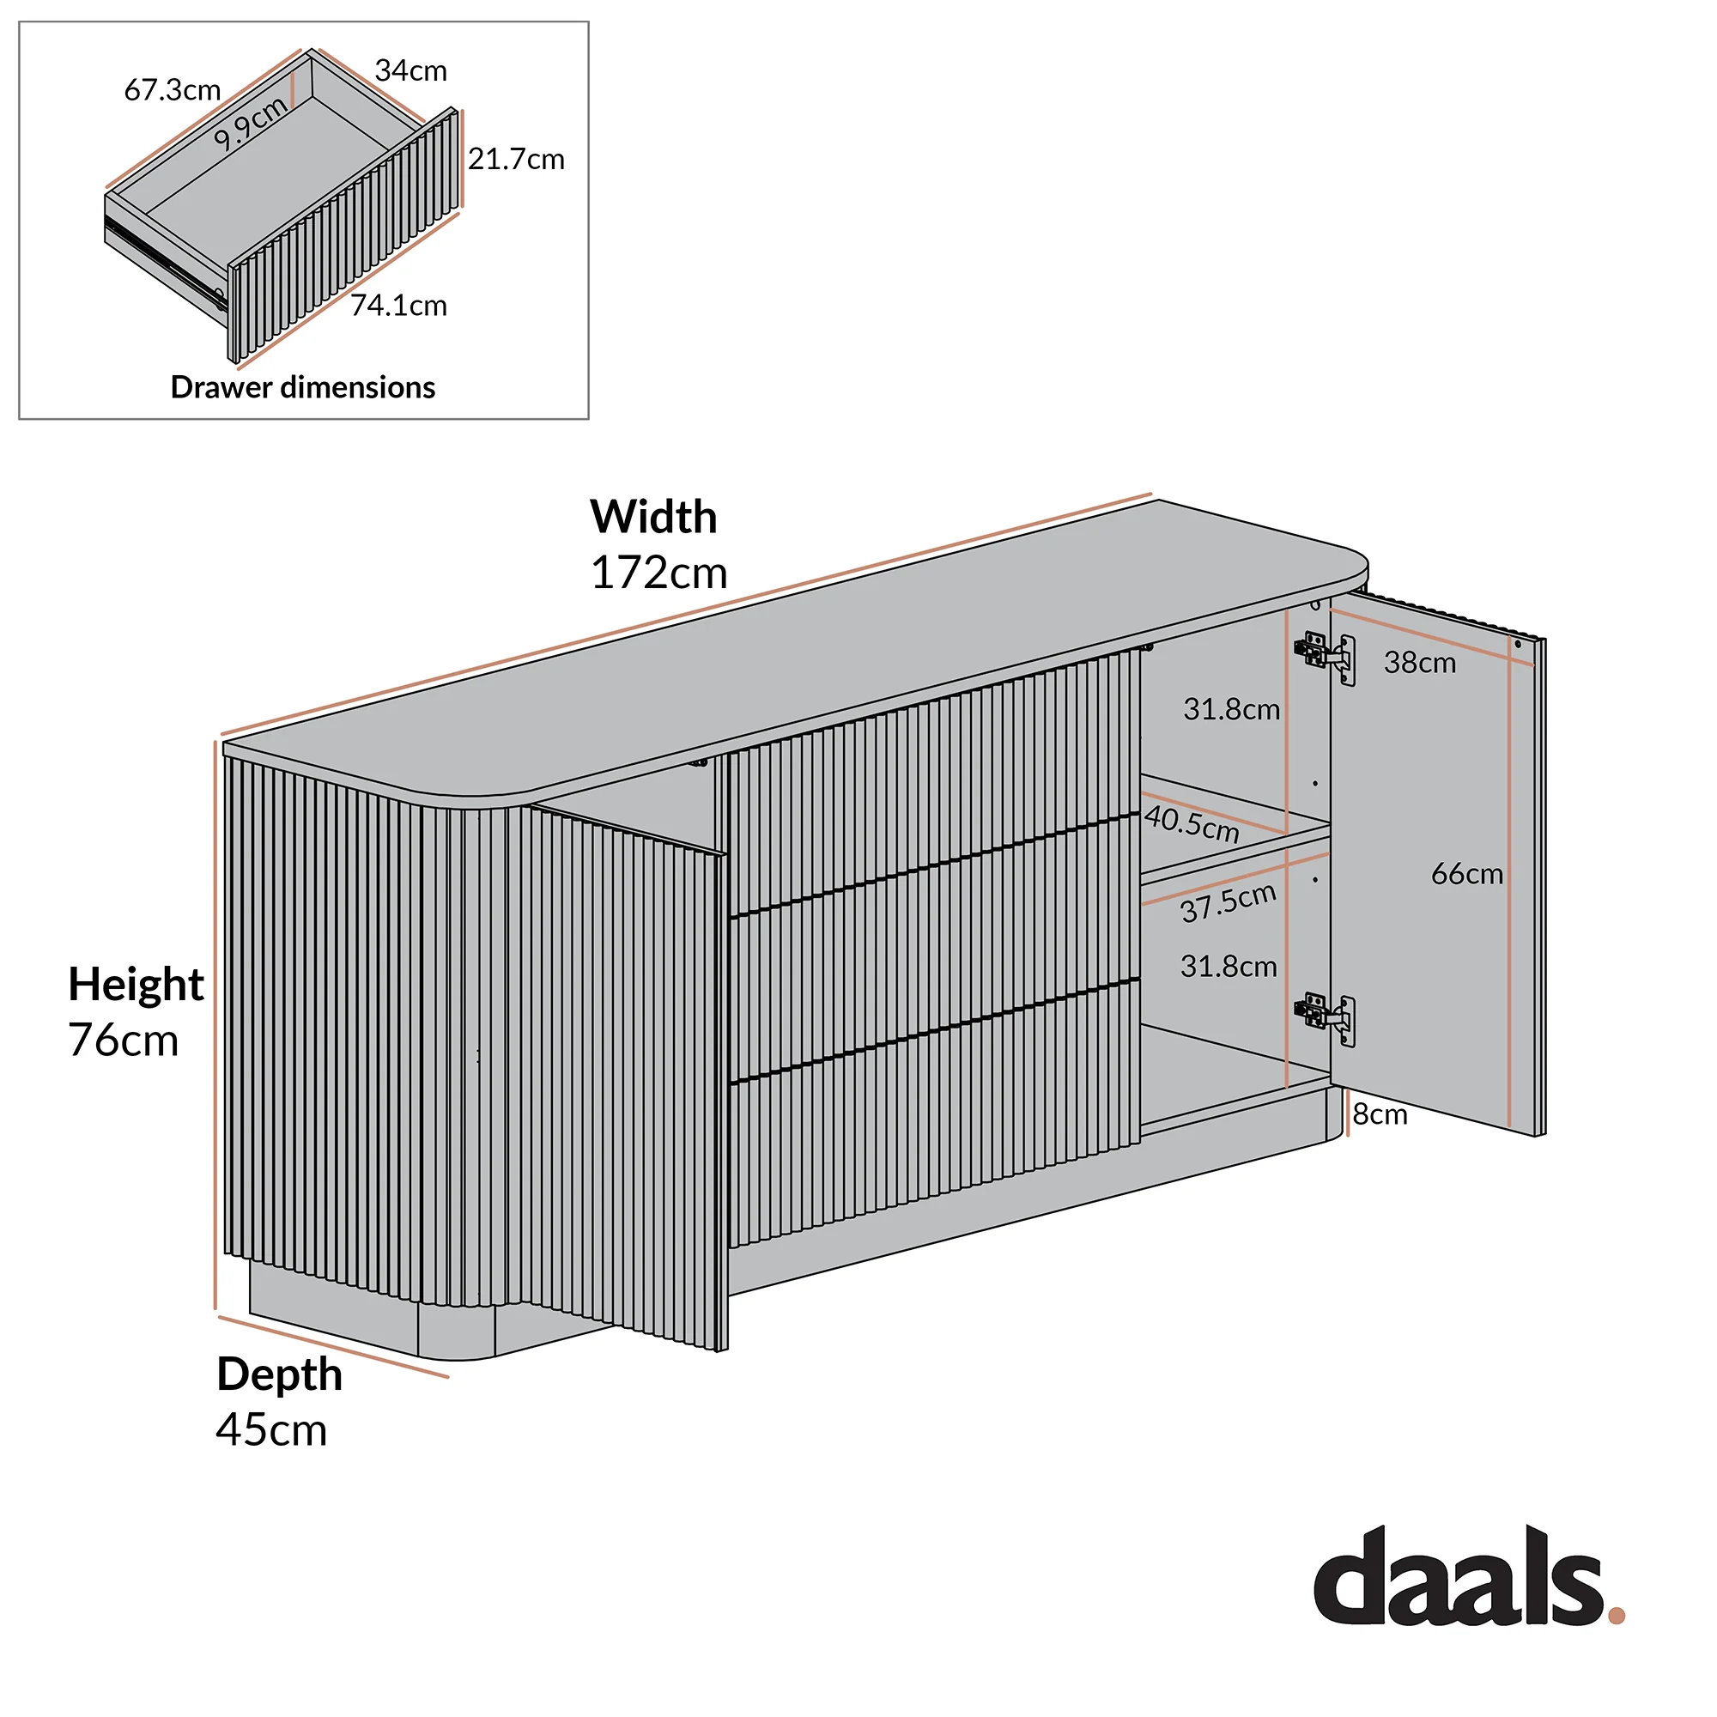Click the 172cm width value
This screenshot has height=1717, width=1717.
click(x=658, y=573)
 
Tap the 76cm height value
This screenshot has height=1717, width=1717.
click(x=124, y=1040)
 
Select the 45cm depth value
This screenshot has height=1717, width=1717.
click(x=271, y=1430)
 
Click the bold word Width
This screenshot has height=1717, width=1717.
click(x=653, y=516)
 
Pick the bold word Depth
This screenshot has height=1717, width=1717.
click(x=279, y=1375)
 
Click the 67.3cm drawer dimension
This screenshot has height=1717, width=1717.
click(x=173, y=90)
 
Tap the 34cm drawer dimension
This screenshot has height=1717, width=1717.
click(x=410, y=70)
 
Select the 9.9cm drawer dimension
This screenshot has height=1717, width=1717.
click(x=252, y=123)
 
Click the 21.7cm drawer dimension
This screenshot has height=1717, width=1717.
click(x=516, y=159)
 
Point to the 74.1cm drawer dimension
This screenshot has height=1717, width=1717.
click(x=399, y=306)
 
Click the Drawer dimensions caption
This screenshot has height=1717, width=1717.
click(x=303, y=387)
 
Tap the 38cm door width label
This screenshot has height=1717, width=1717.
click(x=1419, y=663)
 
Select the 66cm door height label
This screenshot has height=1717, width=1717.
click(x=1466, y=875)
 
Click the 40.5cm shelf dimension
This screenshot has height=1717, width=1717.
click(x=1192, y=824)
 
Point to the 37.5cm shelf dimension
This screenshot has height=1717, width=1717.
click(x=1229, y=904)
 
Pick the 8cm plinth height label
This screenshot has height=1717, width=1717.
click(x=1380, y=1114)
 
